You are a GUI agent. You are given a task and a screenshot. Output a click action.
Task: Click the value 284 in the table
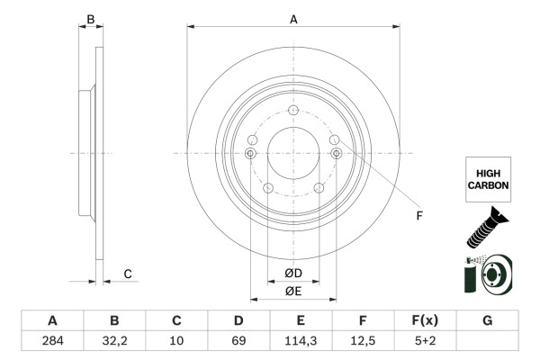pos(52,341)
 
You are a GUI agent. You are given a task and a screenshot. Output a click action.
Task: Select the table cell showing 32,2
pos(114,341)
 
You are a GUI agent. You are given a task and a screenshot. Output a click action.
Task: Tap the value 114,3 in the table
pos(301,341)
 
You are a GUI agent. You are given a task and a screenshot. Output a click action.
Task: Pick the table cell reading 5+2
pos(425,341)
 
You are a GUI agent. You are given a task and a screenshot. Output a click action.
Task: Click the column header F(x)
pos(425,320)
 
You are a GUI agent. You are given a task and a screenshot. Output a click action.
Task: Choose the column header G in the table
pos(487,320)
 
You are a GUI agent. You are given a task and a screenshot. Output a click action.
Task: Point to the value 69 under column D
pos(238,341)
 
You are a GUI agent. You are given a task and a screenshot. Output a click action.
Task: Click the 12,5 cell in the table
pos(363,341)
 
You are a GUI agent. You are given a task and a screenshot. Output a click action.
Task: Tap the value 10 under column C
pos(176,341)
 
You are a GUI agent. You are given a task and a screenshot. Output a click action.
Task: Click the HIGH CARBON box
pos(488,178)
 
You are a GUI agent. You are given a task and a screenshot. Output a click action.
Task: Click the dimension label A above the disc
pos(293,18)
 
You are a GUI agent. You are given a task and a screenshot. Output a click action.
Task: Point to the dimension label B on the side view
pos(90,18)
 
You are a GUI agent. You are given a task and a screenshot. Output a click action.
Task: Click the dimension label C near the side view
pos(128,274)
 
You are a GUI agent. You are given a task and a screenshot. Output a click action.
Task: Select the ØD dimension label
pos(293,274)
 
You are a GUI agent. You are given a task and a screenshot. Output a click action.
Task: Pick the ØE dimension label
pos(293,291)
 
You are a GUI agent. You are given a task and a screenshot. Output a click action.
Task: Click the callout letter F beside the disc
pos(418,216)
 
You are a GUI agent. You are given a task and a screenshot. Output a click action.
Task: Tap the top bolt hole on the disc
pos(293,110)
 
